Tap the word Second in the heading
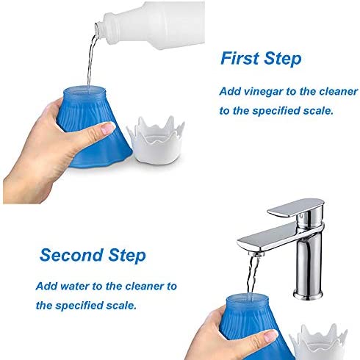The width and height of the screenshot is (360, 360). tap(71, 256)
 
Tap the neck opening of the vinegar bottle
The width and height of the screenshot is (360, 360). tap(98, 30)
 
